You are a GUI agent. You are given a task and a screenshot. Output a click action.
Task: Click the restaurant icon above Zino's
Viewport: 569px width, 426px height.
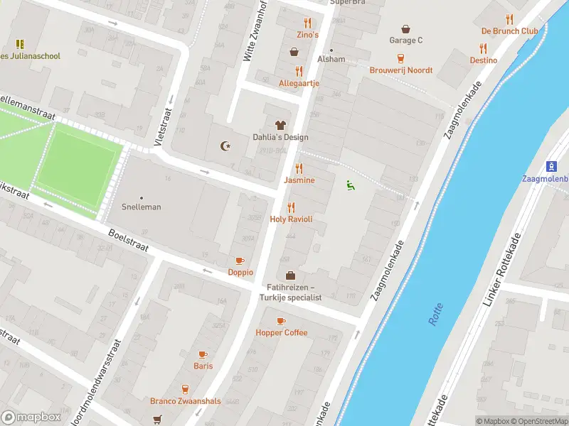[x=307, y=23]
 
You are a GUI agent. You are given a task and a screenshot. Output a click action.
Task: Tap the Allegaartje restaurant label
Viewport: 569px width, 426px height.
[x=299, y=83]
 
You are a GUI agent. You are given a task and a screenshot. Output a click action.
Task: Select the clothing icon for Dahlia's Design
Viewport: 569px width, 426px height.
[x=280, y=125]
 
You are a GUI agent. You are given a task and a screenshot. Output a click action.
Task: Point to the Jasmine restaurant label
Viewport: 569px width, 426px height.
[x=299, y=180]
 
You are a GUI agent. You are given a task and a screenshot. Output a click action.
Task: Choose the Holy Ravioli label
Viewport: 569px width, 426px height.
[x=291, y=219]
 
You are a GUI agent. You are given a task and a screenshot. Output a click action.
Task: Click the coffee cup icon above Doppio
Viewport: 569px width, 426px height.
[x=240, y=261]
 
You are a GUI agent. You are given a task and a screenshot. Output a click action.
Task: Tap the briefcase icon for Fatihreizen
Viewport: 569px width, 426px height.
[x=291, y=275]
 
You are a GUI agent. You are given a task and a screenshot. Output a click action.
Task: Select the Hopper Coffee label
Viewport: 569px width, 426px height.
[x=282, y=332]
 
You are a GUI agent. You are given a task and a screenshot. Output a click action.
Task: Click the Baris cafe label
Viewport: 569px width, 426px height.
[x=203, y=366]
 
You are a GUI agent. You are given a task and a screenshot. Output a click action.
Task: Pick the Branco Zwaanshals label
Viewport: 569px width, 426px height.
[x=185, y=401]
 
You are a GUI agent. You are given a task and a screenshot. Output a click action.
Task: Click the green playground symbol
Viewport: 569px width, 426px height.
[x=349, y=185]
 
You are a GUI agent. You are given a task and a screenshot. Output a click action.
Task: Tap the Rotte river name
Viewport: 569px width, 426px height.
[x=435, y=314]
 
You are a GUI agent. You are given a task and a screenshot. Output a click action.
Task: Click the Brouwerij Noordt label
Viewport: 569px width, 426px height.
[x=400, y=70]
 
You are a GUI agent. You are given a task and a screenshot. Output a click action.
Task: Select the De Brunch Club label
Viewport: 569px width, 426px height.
[x=509, y=31]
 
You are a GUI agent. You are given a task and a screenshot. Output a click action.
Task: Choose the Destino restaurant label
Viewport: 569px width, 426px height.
[x=483, y=60]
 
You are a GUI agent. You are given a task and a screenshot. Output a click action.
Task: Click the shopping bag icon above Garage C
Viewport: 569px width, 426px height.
[x=405, y=29]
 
